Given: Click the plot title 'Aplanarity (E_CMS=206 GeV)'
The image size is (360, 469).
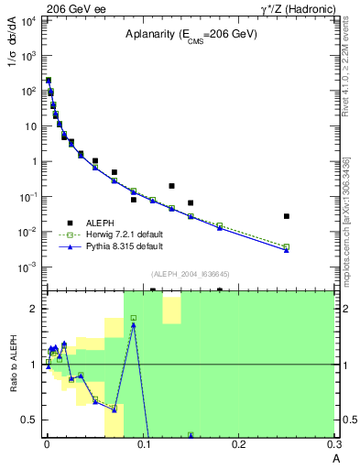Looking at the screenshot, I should click(x=183, y=35).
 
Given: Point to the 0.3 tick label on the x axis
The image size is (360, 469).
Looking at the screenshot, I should click(x=334, y=445).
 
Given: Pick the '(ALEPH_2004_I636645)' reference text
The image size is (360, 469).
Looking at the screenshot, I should click(x=191, y=274).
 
